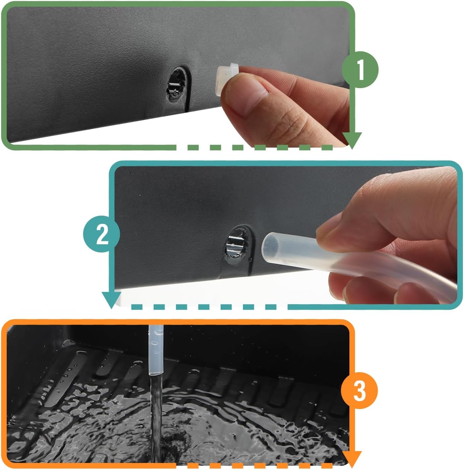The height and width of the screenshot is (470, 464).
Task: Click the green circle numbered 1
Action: point(360,70)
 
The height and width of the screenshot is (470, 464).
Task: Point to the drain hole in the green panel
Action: point(176,84)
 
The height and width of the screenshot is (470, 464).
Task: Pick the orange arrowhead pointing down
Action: point(352,451)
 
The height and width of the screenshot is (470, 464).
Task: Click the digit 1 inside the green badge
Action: point(360,70)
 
